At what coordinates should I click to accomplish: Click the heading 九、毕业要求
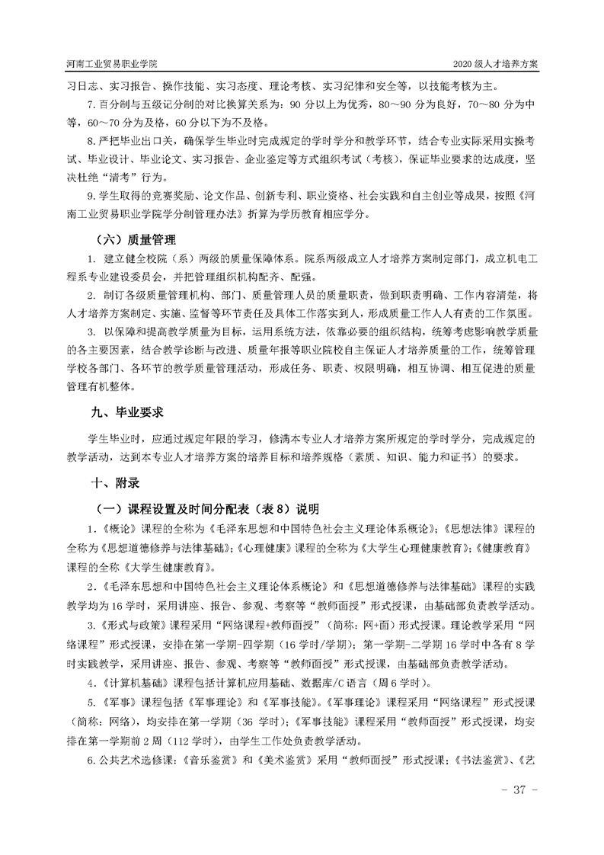click(127, 411)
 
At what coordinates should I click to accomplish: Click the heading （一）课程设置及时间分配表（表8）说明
click(206, 508)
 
